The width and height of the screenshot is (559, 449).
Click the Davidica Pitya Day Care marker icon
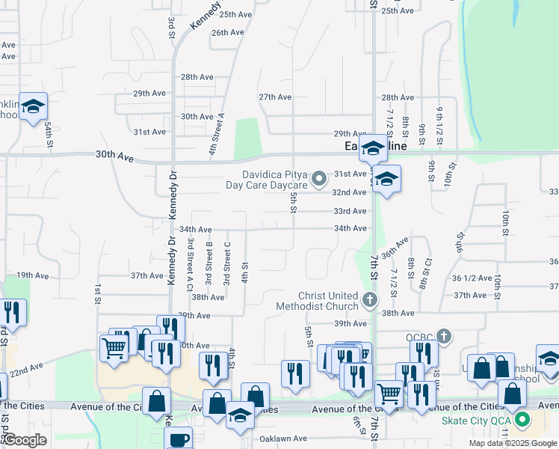point(320,178)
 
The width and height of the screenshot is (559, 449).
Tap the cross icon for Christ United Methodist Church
point(368,300)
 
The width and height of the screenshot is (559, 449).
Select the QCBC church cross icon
point(444,336)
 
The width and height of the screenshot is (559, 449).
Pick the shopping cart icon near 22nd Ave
point(114,348)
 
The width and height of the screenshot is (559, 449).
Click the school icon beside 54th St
point(33,106)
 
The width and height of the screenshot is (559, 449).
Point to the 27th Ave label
point(274,97)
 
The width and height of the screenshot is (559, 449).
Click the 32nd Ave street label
point(350,192)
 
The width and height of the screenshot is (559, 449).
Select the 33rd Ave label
point(350,211)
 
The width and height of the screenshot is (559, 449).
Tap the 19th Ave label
point(32,275)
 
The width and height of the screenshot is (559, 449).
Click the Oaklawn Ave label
point(283,439)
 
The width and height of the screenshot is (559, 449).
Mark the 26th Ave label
point(228,33)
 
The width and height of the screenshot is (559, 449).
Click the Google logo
point(25,440)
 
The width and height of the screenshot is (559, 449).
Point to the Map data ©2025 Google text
point(512,443)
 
